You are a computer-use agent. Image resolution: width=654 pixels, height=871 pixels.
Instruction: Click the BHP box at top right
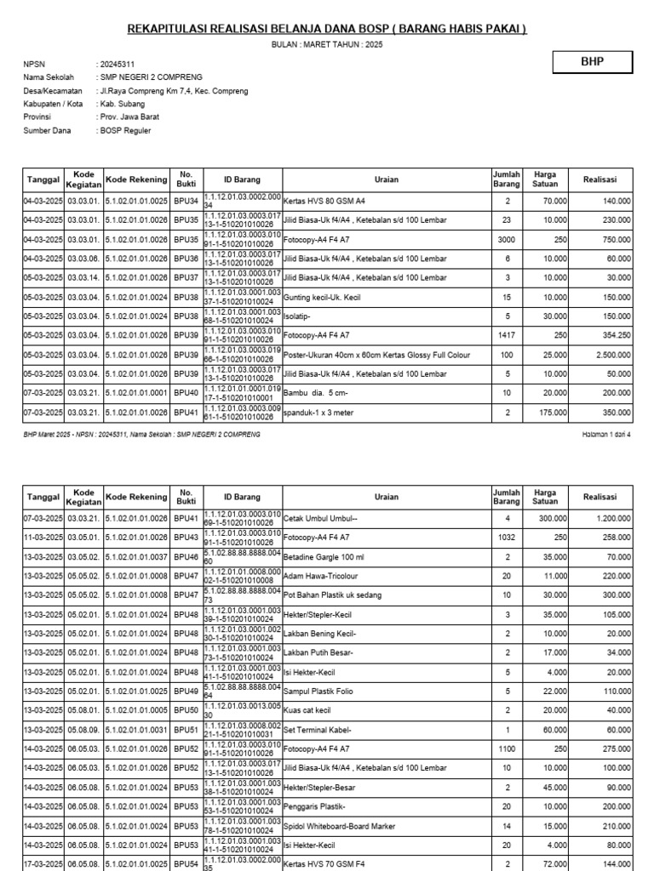click(592, 62)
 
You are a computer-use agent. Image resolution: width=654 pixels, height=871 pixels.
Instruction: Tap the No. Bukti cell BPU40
click(186, 392)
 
